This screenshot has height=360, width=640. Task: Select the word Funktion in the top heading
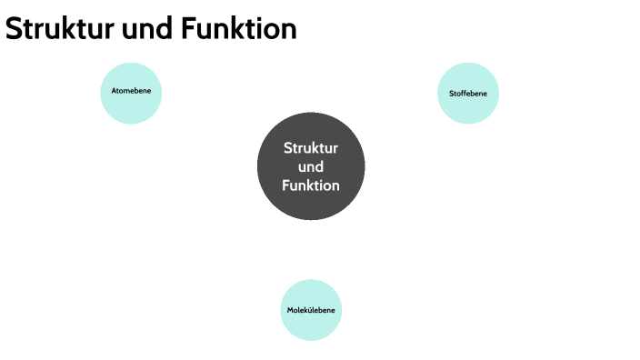pyautogui.click(x=238, y=29)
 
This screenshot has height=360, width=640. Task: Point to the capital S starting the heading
pyautogui.click(x=14, y=29)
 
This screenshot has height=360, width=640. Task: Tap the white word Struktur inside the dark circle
pyautogui.click(x=311, y=148)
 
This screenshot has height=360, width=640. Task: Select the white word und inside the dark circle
pyautogui.click(x=311, y=167)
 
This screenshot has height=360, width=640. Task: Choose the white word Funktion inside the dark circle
pyautogui.click(x=311, y=185)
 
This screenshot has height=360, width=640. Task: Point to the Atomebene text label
pyautogui.click(x=131, y=92)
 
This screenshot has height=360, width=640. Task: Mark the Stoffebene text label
pyautogui.click(x=468, y=94)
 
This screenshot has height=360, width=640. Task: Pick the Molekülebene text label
pyautogui.click(x=311, y=311)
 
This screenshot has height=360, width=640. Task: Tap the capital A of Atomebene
pyautogui.click(x=114, y=92)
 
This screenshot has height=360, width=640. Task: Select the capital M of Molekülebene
pyautogui.click(x=290, y=311)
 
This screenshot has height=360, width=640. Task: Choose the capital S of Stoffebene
pyautogui.click(x=451, y=94)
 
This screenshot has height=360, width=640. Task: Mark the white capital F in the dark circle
pyautogui.click(x=286, y=185)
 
